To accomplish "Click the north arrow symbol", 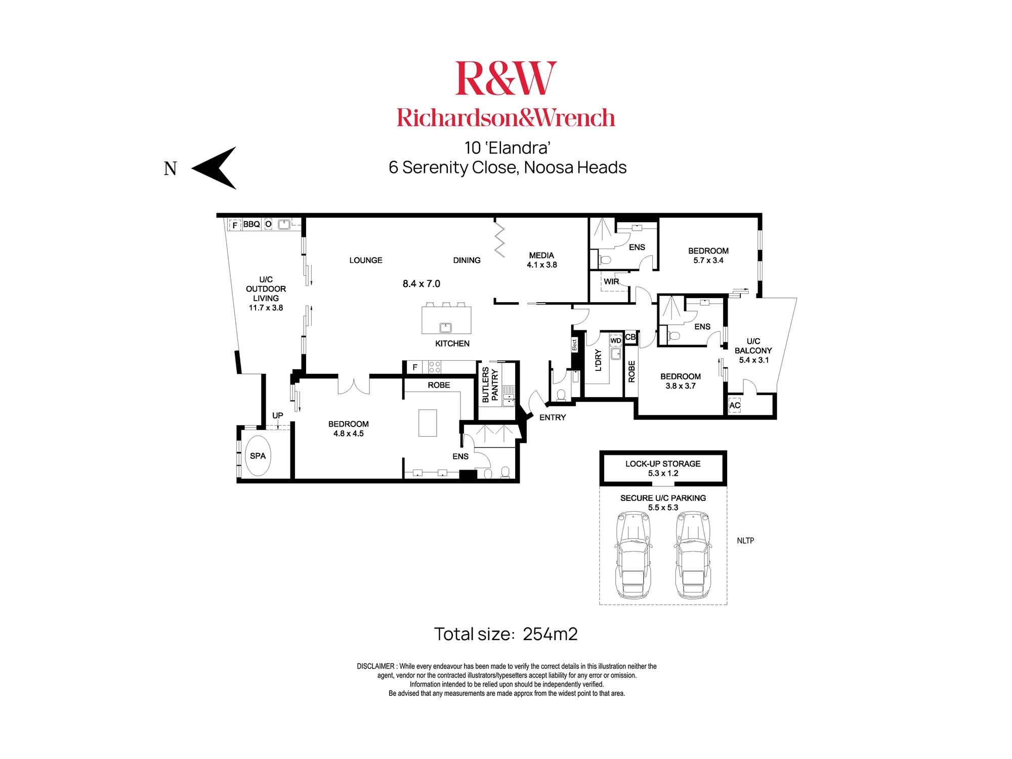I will [215, 168].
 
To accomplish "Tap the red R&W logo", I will [505, 78].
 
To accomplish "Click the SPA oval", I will [258, 456].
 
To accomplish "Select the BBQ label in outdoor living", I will [251, 224].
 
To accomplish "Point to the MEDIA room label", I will [541, 256].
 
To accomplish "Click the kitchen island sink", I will [445, 327].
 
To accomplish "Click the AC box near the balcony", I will [735, 405].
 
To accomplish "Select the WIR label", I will [611, 281].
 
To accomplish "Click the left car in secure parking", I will [633, 555].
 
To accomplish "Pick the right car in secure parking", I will [693, 555].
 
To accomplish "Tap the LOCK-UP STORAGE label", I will [663, 463].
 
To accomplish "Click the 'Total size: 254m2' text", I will [505, 634].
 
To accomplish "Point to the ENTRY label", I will [553, 417].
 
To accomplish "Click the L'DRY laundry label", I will [599, 360].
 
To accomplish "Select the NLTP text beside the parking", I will [745, 540].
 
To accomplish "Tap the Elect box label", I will [574, 345].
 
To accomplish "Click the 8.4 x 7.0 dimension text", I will [421, 284].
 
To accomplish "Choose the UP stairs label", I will [278, 415].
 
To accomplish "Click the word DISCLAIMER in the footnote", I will [375, 666].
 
